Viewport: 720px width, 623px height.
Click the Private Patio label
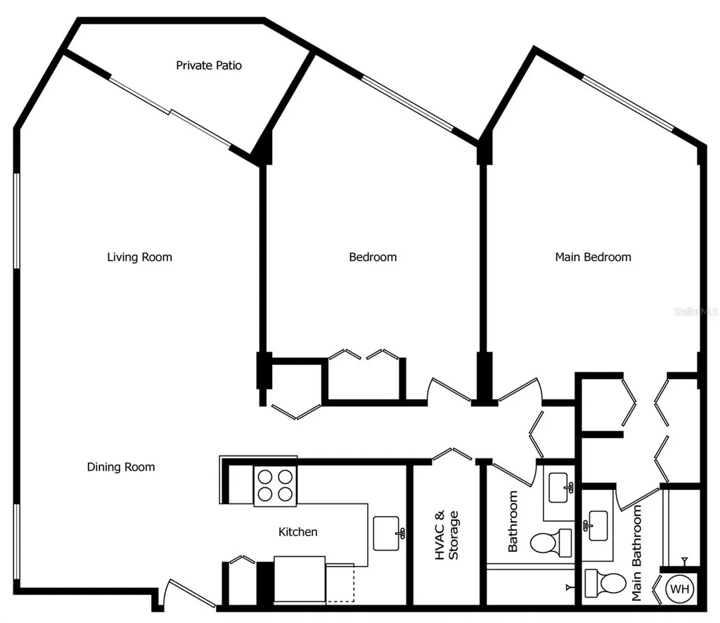pyautogui.click(x=209, y=65)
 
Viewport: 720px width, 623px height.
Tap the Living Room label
pyautogui.click(x=140, y=257)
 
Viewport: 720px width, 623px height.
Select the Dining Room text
pyautogui.click(x=121, y=467)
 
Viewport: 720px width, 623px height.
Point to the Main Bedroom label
pyautogui.click(x=593, y=257)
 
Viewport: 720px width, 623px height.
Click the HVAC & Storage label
pyautogui.click(x=446, y=535)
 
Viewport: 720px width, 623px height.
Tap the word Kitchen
pyautogui.click(x=298, y=532)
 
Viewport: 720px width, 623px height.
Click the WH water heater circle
pyautogui.click(x=680, y=589)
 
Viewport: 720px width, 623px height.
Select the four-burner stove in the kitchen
pyautogui.click(x=275, y=485)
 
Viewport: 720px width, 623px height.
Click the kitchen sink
pyautogui.click(x=388, y=533)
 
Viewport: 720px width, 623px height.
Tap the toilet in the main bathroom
pyautogui.click(x=605, y=583)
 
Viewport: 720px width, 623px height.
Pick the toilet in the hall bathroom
pyautogui.click(x=551, y=543)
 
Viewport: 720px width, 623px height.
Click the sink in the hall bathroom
pyautogui.click(x=561, y=487)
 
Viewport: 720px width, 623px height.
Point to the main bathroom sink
pyautogui.click(x=596, y=525)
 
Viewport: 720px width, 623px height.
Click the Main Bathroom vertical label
pyautogui.click(x=636, y=553)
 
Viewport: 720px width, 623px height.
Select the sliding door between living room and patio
pyautogui.click(x=170, y=113)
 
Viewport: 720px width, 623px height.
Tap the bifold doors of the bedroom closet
pyautogui.click(x=364, y=354)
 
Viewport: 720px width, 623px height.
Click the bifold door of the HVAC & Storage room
pyautogui.click(x=452, y=454)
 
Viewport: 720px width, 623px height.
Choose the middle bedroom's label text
pyautogui.click(x=373, y=257)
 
